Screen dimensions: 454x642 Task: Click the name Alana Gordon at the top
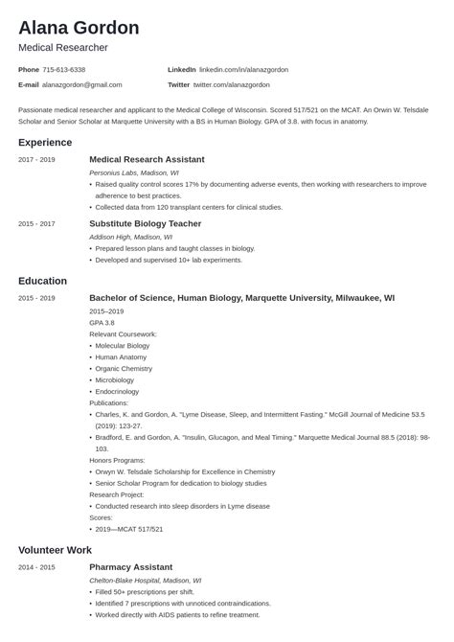79,27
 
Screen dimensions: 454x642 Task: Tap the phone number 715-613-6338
64,70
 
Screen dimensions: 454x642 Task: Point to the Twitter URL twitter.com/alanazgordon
241,85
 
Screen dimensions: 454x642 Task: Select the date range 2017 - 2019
36,159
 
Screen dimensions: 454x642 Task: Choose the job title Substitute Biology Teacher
145,223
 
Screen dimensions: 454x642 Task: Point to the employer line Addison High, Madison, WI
130,237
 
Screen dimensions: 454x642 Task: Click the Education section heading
42,281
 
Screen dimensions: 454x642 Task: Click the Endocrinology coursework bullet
119,391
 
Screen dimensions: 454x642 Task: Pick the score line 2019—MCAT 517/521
129,529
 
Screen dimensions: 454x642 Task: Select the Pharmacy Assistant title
131,567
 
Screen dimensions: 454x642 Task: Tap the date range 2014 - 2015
36,567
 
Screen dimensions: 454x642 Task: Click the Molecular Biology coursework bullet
123,345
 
